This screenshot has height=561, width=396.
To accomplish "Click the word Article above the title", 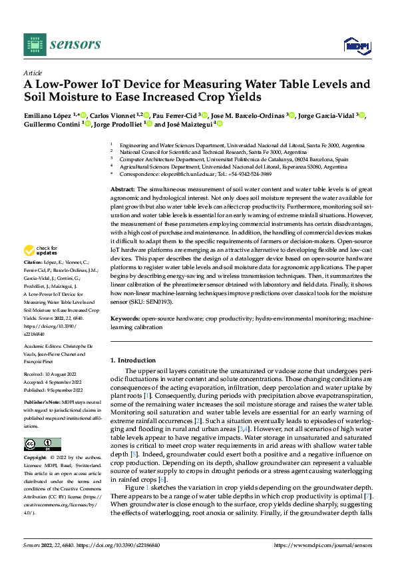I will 32,72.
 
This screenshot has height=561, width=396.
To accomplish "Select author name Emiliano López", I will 47,115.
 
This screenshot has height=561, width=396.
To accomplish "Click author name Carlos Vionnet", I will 110,115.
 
